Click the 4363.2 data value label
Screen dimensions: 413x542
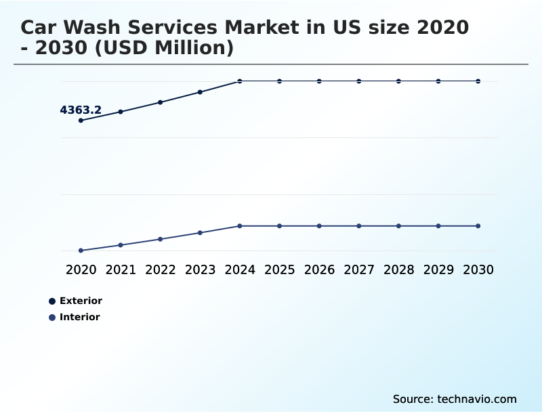pyautogui.click(x=81, y=110)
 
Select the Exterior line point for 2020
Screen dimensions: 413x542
pyautogui.click(x=81, y=121)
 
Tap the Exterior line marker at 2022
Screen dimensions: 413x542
pyautogui.click(x=161, y=102)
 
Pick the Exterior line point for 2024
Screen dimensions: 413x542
pyautogui.click(x=240, y=81)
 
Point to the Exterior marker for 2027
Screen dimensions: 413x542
pyautogui.click(x=359, y=81)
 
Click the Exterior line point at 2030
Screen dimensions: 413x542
pyautogui.click(x=478, y=81)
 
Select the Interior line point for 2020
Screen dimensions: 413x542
pyautogui.click(x=81, y=251)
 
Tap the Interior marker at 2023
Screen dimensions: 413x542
pyautogui.click(x=200, y=233)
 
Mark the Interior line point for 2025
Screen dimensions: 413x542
pyautogui.click(x=279, y=225)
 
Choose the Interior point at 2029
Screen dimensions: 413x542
pyautogui.click(x=438, y=225)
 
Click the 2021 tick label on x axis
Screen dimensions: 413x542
pyautogui.click(x=121, y=269)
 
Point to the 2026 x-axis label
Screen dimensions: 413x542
pyautogui.click(x=319, y=269)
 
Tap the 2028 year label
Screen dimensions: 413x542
pyautogui.click(x=398, y=269)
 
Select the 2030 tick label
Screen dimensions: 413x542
pyautogui.click(x=478, y=269)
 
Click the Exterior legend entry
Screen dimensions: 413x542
pyautogui.click(x=80, y=301)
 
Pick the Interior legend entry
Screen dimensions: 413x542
pyautogui.click(x=79, y=317)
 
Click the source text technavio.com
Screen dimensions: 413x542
pyautogui.click(x=455, y=399)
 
